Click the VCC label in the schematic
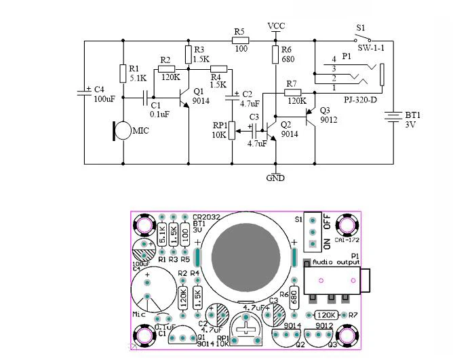[x=276, y=26]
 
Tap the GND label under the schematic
[x=276, y=178]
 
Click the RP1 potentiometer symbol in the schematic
[x=232, y=129]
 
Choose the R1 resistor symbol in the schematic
[x=123, y=73]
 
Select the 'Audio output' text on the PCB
[x=337, y=262]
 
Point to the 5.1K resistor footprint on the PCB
[x=162, y=235]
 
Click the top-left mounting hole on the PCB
[x=144, y=224]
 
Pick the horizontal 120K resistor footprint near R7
[x=327, y=315]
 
